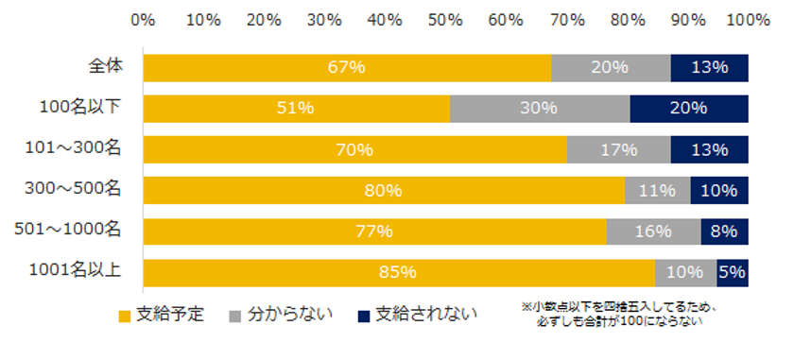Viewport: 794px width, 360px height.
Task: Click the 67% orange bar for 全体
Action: point(347,67)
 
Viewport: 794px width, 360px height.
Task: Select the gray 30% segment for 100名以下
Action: point(540,109)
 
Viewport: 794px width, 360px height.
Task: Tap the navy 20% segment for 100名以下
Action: point(689,109)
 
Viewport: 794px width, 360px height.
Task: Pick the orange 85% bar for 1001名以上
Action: point(399,272)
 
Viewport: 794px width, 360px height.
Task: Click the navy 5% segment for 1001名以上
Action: point(733,272)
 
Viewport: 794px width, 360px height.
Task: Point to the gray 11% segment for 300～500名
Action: point(657,190)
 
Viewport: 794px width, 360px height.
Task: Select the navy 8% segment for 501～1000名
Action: point(724,231)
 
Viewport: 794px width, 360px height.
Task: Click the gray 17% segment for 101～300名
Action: point(618,149)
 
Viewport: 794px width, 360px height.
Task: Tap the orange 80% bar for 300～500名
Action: point(383,190)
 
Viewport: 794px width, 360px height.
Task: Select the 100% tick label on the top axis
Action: point(748,19)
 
